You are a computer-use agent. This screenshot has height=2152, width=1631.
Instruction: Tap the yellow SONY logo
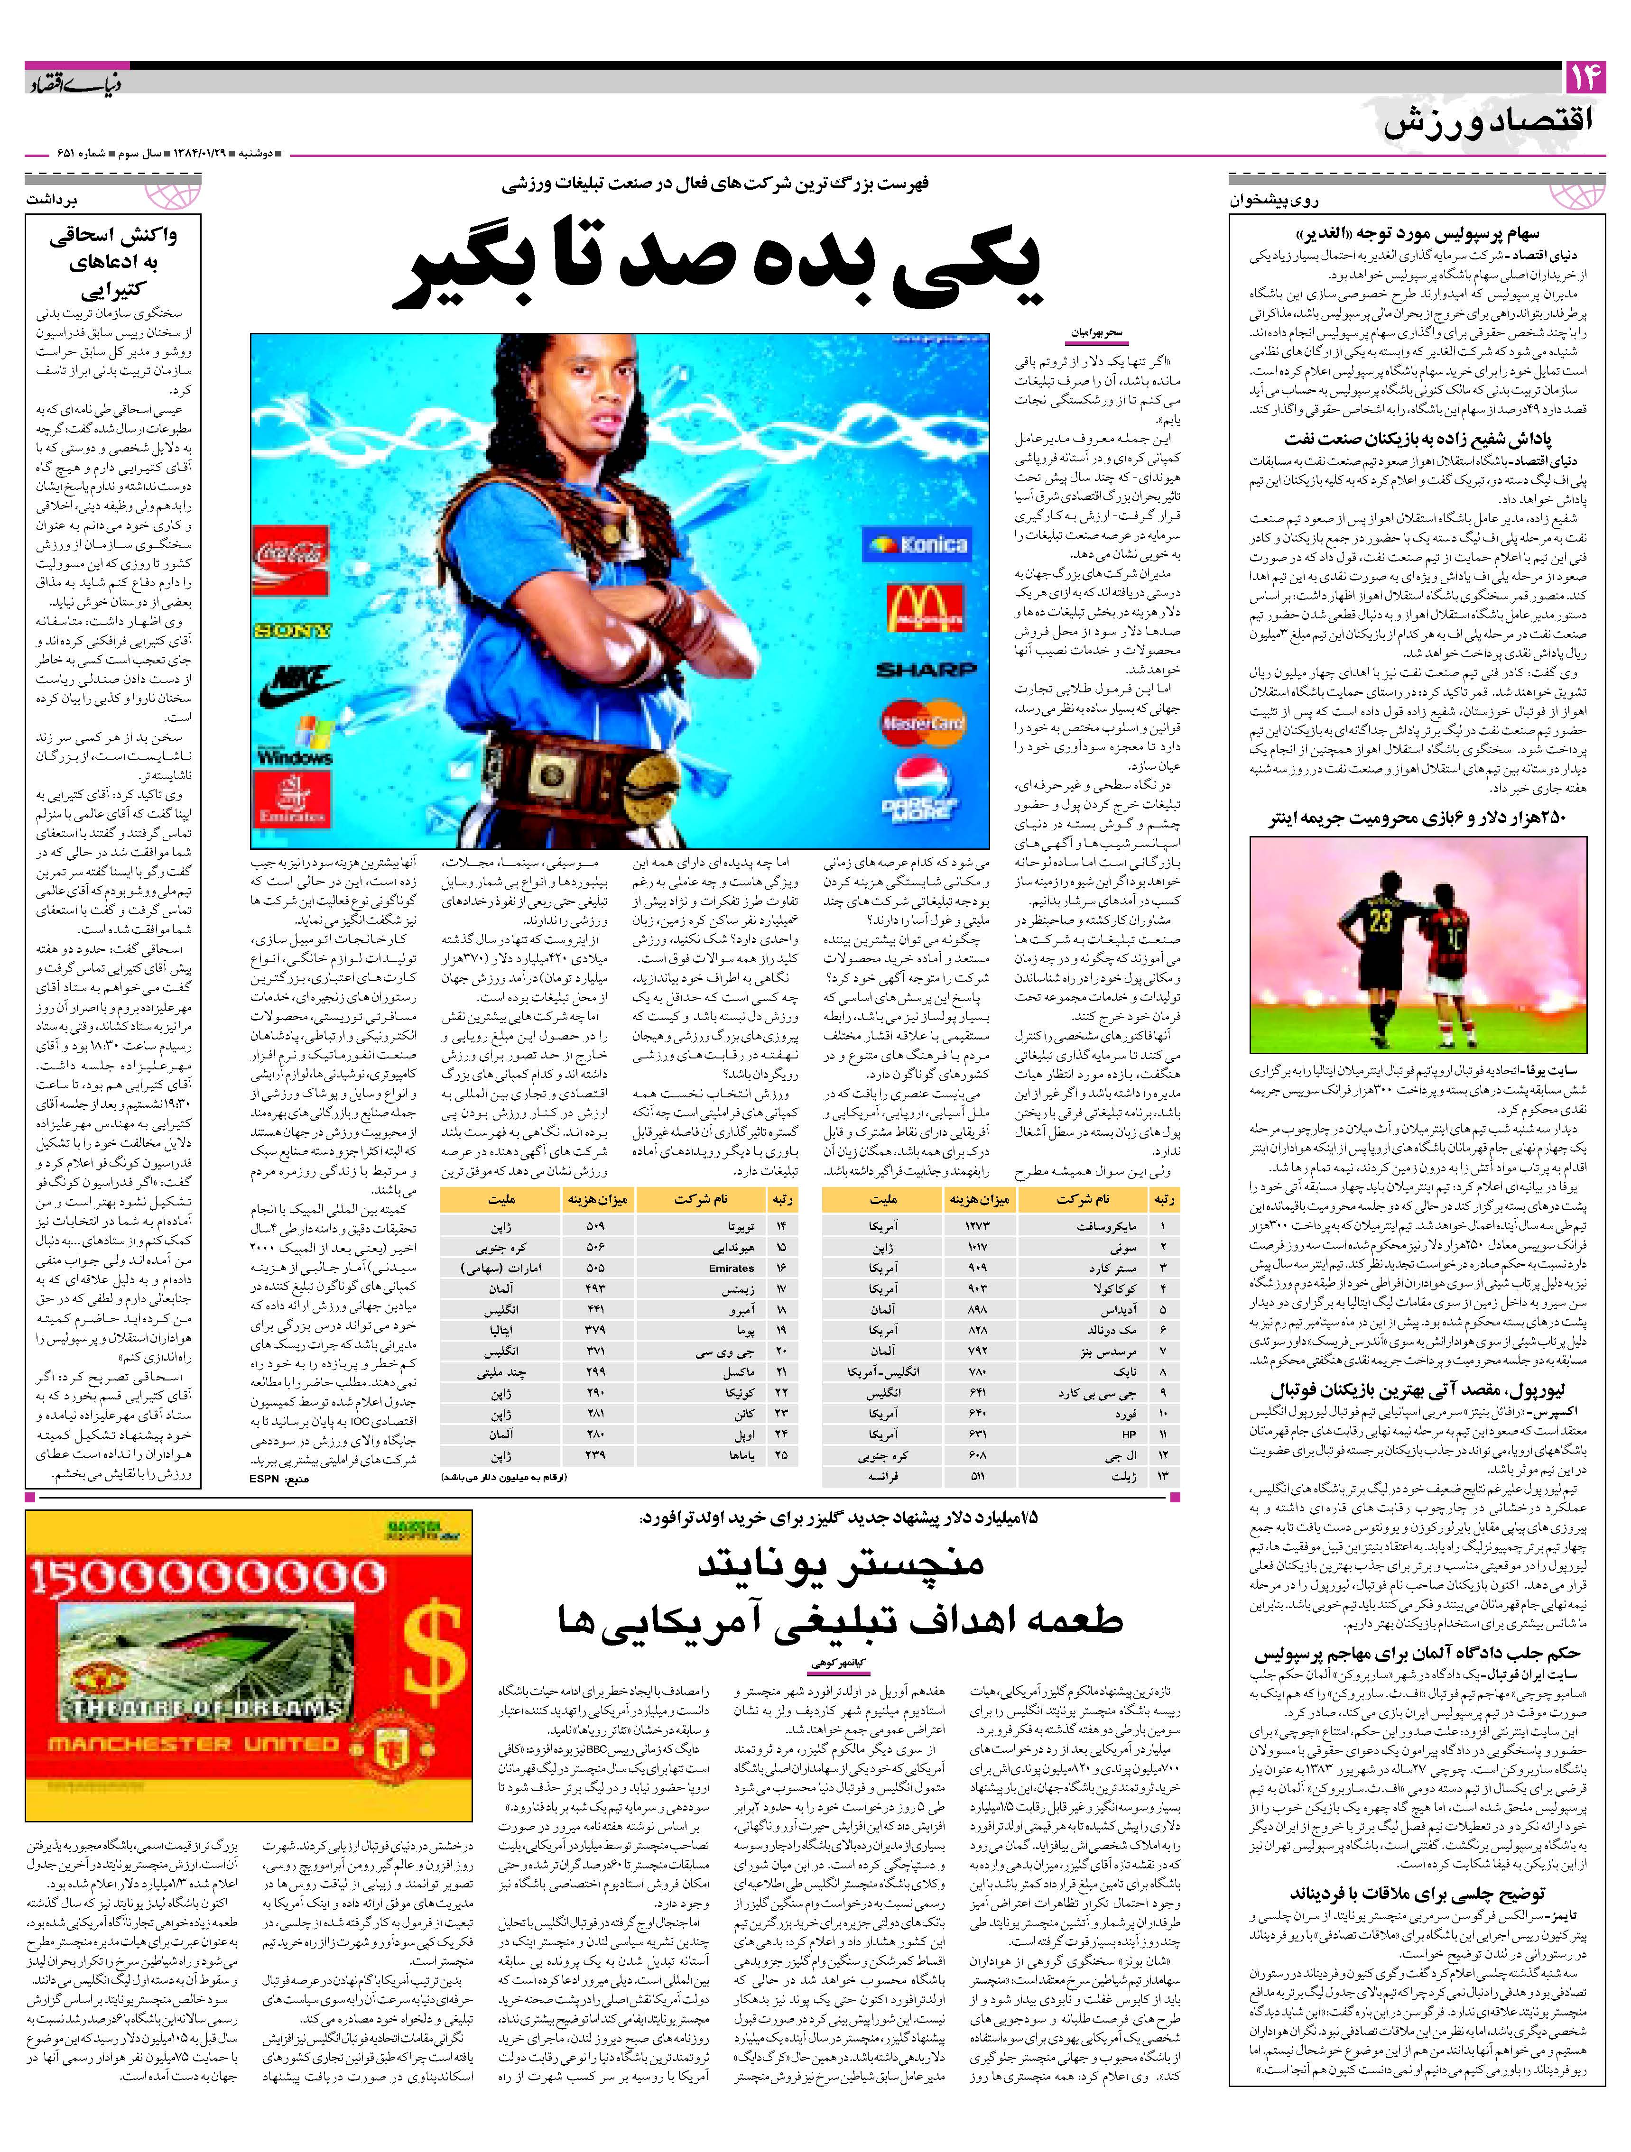(x=292, y=630)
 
